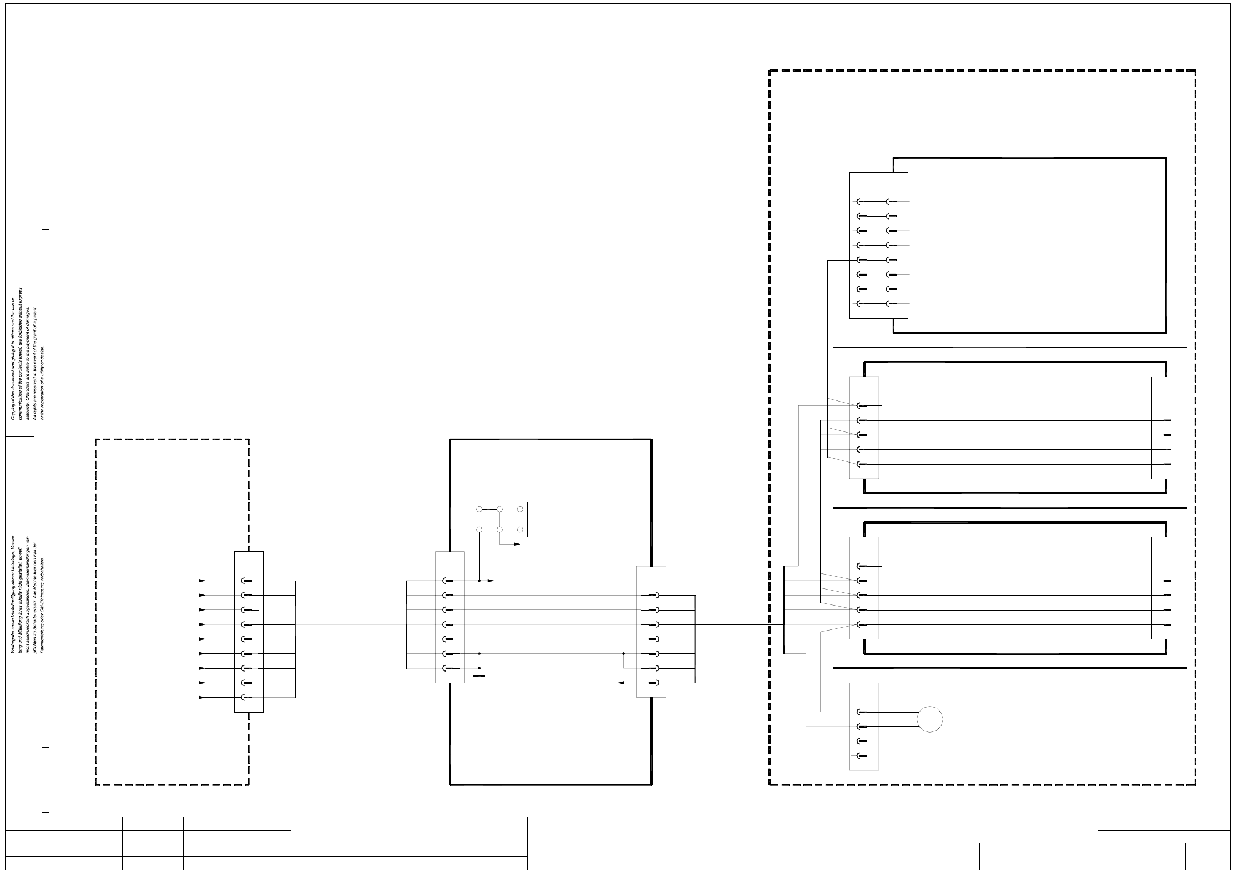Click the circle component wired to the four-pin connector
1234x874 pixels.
click(929, 719)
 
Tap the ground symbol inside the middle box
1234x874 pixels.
click(479, 676)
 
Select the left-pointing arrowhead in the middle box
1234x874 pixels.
click(621, 683)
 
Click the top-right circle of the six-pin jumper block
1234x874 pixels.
click(520, 509)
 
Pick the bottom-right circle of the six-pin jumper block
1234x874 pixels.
click(520, 530)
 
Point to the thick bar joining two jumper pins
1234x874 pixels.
click(489, 509)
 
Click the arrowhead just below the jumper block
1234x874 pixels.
click(517, 545)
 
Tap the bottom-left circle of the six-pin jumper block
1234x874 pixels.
click(479, 530)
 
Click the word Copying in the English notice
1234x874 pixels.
click(13, 411)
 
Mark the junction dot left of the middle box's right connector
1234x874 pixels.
click(623, 654)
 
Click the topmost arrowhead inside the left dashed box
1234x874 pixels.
click(202, 581)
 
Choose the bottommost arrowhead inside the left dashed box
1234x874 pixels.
click(202, 697)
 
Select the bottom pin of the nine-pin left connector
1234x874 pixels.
click(246, 697)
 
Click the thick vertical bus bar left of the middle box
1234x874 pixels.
click(407, 624)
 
